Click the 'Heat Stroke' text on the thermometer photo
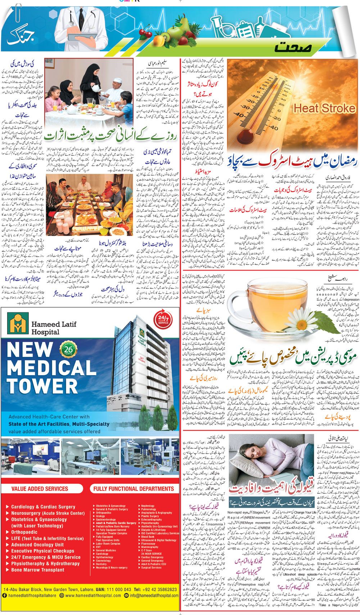coord(324,108)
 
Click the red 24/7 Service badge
coord(163,320)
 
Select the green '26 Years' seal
coord(68,349)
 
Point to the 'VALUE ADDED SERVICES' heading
coord(40,489)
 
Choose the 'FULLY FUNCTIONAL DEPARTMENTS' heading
coord(134,489)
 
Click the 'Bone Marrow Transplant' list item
coord(37,570)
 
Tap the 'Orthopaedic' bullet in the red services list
coord(24,532)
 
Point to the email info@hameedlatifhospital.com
coord(154,596)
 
